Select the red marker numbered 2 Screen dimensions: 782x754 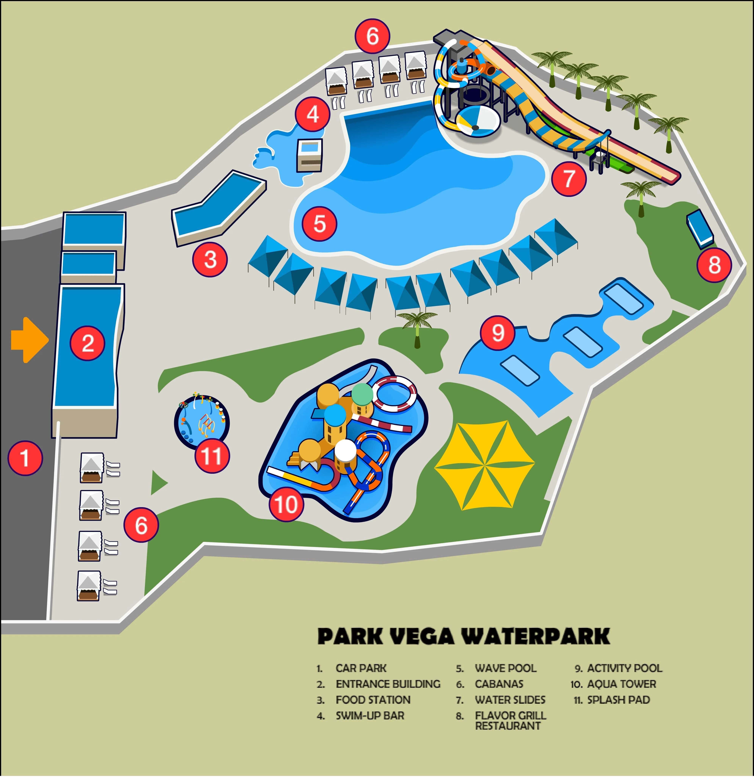point(88,343)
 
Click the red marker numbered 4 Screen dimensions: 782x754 point(313,115)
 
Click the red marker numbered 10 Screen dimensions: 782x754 point(286,504)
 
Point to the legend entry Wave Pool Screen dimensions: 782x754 point(505,668)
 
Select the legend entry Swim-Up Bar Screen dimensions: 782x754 point(370,716)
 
